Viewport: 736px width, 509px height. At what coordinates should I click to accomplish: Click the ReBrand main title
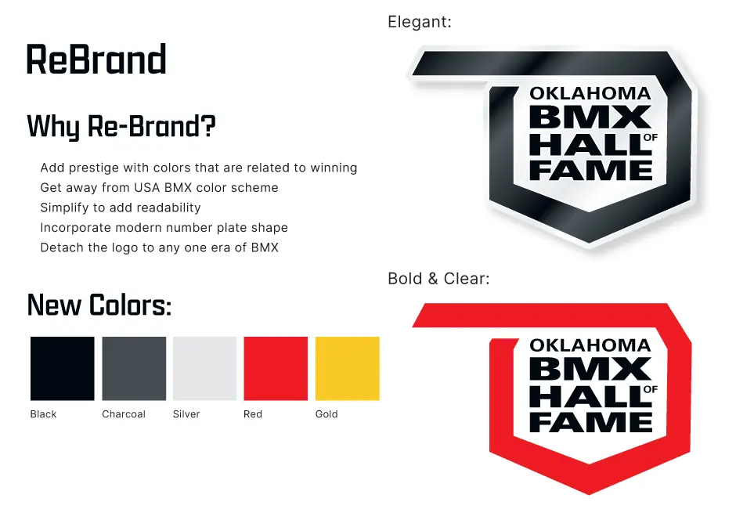(x=96, y=60)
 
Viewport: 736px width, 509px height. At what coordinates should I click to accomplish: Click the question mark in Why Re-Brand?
(x=209, y=126)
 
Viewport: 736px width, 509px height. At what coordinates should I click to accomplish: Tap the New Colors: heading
(x=99, y=305)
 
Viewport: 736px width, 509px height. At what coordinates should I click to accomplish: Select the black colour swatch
(x=63, y=369)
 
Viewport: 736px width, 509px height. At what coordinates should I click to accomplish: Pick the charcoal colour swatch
(x=134, y=369)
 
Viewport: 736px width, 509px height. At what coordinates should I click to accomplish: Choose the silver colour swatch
(x=205, y=369)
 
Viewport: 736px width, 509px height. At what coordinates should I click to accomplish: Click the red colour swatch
(x=276, y=369)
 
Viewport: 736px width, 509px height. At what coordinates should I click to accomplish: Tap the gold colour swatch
(x=348, y=369)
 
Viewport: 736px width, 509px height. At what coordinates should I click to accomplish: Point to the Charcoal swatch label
(x=124, y=414)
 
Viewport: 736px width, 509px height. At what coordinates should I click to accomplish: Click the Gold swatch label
(x=327, y=414)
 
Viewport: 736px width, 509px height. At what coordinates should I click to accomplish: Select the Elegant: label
(x=420, y=22)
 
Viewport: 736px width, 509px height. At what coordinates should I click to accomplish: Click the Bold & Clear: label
(x=439, y=279)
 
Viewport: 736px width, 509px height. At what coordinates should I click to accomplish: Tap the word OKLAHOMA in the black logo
(x=590, y=93)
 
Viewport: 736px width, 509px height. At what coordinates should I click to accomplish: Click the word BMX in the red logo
(x=590, y=369)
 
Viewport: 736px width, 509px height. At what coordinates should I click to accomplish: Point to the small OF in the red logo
(x=651, y=389)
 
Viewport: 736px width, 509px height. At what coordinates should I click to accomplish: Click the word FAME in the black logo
(x=591, y=170)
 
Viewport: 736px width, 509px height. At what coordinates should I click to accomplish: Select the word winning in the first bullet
(x=334, y=168)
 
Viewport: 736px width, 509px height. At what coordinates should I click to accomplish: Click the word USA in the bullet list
(x=147, y=188)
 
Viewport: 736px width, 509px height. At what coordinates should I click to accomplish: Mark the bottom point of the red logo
(x=589, y=494)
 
